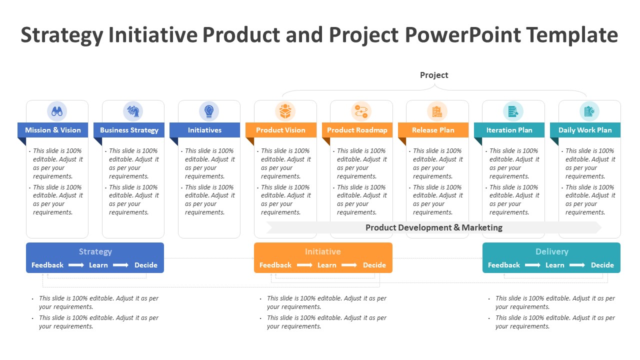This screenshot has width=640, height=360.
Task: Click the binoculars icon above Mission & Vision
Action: [x=57, y=111]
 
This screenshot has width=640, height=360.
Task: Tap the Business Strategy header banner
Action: [x=129, y=130]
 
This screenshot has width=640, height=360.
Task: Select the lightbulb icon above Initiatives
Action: [x=209, y=111]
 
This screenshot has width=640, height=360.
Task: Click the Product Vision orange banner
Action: [x=280, y=130]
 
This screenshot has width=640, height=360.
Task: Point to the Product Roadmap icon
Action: [x=361, y=111]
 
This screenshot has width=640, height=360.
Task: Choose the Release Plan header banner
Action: [x=433, y=130]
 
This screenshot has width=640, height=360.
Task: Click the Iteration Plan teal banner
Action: [x=509, y=130]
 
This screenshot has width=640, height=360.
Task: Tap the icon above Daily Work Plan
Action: [x=589, y=111]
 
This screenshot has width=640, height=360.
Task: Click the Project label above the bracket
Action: [x=434, y=75]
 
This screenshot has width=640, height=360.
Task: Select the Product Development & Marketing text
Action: [x=433, y=227]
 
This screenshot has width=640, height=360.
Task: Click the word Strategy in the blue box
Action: [x=95, y=251]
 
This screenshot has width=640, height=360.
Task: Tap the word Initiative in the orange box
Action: [x=323, y=251]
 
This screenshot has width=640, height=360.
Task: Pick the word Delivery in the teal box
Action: [x=551, y=251]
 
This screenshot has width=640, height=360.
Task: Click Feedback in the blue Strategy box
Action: [x=47, y=265]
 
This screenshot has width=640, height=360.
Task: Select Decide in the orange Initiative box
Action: [x=374, y=265]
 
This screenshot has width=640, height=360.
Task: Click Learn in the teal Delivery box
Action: [x=554, y=265]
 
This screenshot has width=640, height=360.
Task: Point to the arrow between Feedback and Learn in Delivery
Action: [x=532, y=265]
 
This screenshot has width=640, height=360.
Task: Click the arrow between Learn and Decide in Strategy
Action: [x=120, y=265]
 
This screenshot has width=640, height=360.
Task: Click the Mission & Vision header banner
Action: [x=53, y=130]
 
